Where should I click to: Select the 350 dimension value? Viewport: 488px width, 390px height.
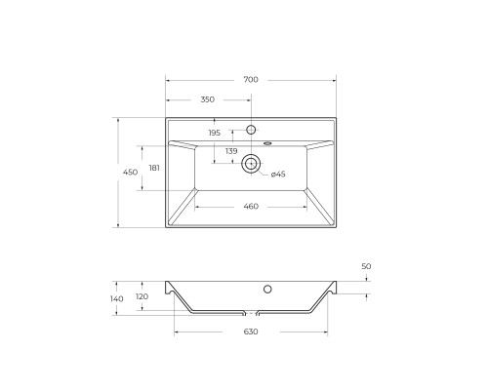(x=207, y=99)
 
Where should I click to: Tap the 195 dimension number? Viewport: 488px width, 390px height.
(x=215, y=133)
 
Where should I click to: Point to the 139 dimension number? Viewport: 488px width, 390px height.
(x=231, y=151)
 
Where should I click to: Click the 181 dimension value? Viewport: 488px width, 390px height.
(x=155, y=168)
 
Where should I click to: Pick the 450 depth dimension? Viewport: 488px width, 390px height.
(x=129, y=173)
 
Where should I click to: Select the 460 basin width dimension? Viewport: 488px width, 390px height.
(x=250, y=206)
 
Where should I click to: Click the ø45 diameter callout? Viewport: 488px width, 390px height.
(x=278, y=174)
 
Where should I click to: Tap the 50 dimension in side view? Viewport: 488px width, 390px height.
(x=366, y=266)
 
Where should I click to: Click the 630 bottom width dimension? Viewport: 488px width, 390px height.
(x=250, y=332)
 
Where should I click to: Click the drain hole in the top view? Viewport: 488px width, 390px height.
(x=251, y=164)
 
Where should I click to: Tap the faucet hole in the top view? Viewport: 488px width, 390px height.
(x=251, y=130)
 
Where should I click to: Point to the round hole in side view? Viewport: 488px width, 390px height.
(x=266, y=289)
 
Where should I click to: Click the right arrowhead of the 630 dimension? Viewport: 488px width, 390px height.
(x=325, y=332)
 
